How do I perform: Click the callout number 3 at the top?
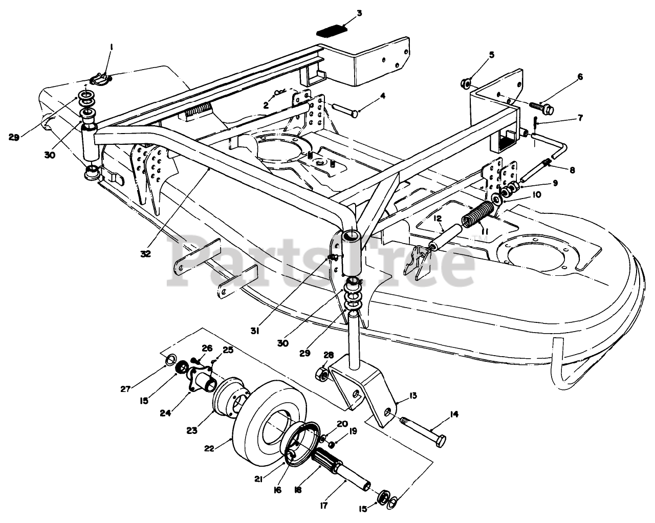pos(359,13)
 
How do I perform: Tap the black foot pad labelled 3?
pos(329,32)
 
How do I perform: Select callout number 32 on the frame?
pos(146,252)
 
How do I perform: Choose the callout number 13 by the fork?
pos(412,396)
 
